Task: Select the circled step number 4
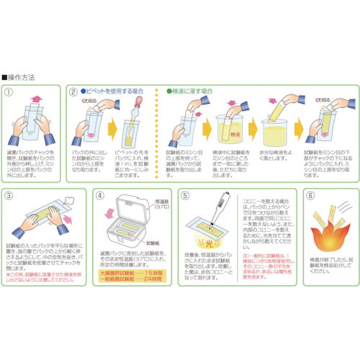pos(100,196)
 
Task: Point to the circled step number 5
pos(186,196)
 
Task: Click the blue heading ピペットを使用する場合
pos(115,92)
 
